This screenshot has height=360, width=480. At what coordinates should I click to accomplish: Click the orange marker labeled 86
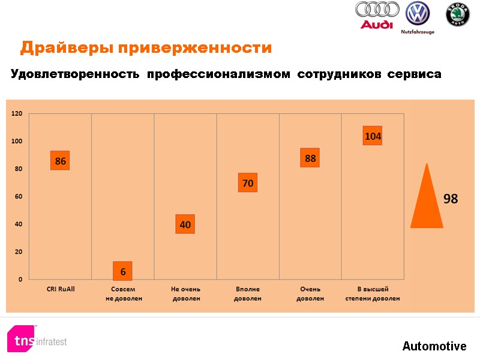tap(60, 161)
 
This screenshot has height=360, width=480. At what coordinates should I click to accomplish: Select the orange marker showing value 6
tap(122, 271)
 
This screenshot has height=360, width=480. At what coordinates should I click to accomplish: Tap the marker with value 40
tap(185, 224)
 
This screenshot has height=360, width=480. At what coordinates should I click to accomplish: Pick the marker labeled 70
tap(247, 183)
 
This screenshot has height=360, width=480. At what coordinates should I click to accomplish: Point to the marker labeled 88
tap(310, 158)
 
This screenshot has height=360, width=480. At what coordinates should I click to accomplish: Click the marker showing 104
tap(373, 136)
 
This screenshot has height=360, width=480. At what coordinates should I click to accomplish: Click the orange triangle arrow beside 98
tap(427, 198)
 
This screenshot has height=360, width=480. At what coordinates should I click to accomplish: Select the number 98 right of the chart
tap(451, 199)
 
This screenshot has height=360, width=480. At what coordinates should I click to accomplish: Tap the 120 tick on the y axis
tap(17, 113)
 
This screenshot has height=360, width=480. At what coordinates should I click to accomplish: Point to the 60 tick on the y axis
tap(19, 196)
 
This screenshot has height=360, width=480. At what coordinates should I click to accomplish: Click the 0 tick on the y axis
tap(20, 279)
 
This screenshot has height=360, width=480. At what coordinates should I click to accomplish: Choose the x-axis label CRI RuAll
tap(61, 289)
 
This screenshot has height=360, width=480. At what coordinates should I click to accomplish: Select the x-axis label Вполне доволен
tap(247, 293)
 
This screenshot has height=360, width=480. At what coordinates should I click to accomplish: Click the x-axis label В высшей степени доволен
tap(373, 293)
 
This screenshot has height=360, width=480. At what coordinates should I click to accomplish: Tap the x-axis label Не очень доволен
tap(185, 293)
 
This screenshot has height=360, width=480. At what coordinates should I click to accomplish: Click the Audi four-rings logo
tap(377, 15)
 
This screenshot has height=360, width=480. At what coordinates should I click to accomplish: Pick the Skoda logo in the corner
tap(457, 14)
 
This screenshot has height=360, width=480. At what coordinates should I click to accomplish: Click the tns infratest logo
tap(37, 340)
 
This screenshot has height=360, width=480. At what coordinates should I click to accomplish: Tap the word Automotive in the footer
tap(434, 346)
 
